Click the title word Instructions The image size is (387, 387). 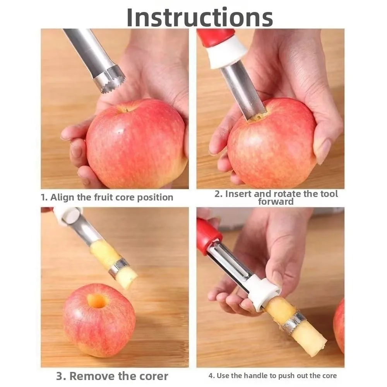(x=200, y=17)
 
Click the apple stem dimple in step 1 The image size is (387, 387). (x=125, y=109)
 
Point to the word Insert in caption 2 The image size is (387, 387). (x=239, y=193)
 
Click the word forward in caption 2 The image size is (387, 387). (x=276, y=202)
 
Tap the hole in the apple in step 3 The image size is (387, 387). (x=97, y=301)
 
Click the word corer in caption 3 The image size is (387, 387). (x=150, y=376)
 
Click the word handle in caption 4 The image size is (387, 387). (x=253, y=375)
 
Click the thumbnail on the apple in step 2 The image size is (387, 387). (x=323, y=151)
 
